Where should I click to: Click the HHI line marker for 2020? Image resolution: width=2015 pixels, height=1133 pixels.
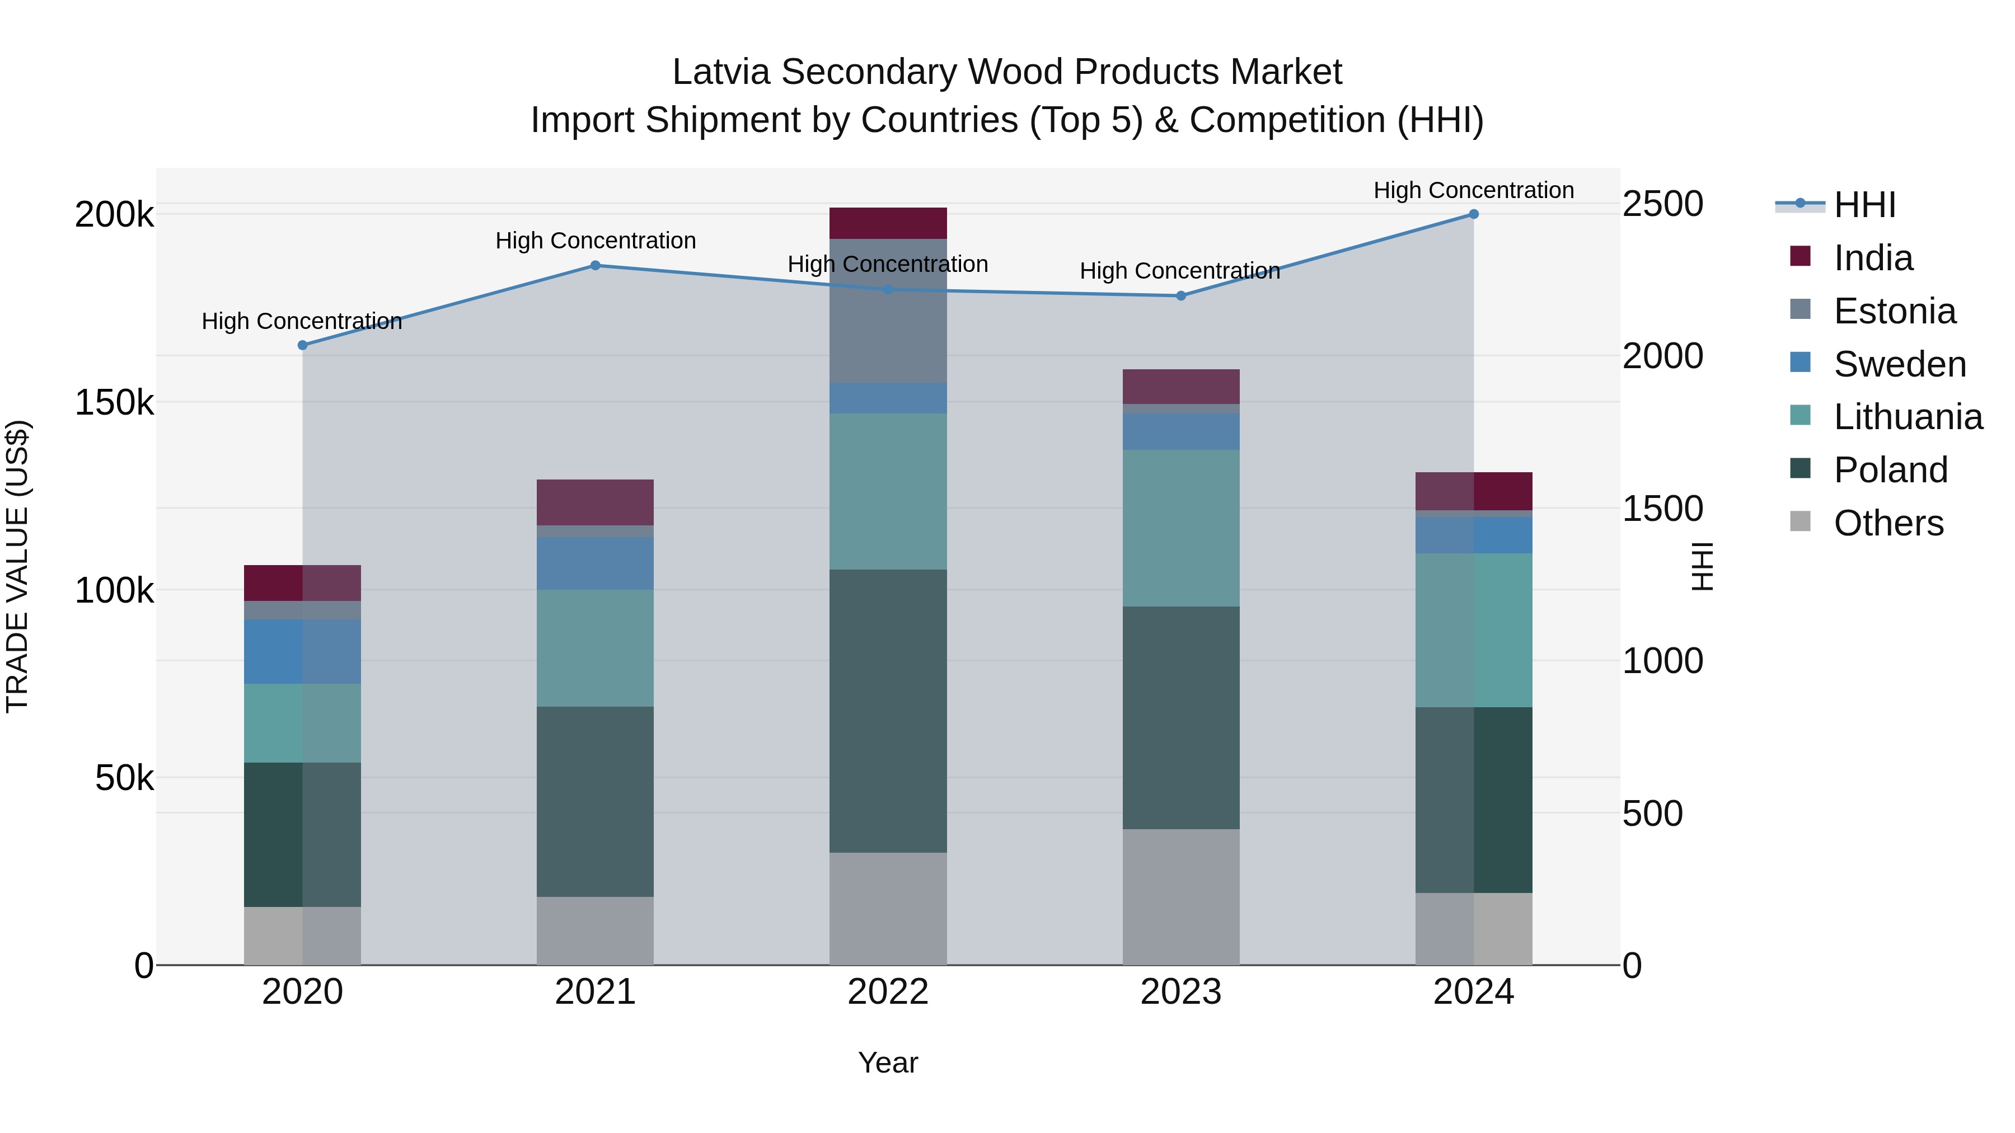point(303,345)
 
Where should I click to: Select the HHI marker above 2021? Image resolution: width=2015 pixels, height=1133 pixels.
point(596,265)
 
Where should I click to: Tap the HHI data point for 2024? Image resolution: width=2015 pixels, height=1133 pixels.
point(1474,214)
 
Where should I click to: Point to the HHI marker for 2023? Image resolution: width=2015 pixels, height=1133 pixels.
point(1181,295)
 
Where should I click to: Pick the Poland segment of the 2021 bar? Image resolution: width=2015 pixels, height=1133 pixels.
point(596,801)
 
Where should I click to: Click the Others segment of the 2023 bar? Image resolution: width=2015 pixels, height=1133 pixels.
point(1181,897)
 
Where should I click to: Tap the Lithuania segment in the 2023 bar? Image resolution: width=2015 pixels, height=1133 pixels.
point(1181,528)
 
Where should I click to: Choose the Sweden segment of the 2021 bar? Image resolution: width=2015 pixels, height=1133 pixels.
point(596,563)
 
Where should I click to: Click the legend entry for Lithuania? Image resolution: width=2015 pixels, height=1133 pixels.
point(1908,417)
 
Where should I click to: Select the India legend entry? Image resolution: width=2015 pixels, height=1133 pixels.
point(1873,258)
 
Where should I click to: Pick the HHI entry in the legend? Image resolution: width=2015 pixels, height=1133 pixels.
point(1864,205)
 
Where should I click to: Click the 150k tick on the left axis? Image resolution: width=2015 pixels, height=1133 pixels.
point(114,403)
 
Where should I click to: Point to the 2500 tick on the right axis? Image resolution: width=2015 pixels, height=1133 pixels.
point(1662,204)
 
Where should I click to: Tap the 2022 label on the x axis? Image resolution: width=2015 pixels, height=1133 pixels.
point(888,992)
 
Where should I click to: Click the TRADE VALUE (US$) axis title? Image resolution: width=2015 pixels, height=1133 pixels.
point(17,566)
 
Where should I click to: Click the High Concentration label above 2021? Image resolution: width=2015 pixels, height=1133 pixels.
point(596,241)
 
